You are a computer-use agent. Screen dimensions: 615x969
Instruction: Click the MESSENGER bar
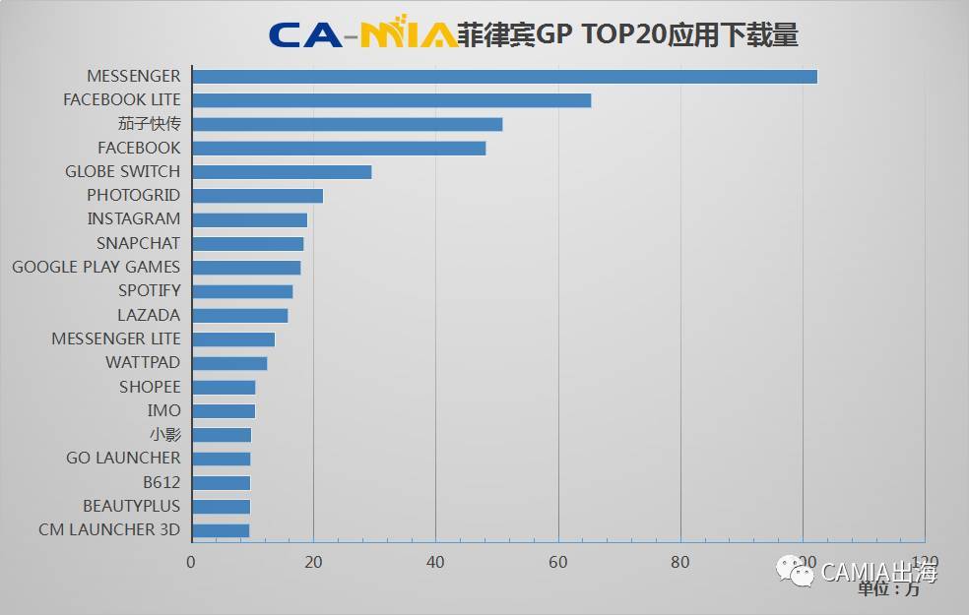[504, 77]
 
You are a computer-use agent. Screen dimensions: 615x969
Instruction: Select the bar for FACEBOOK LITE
[391, 100]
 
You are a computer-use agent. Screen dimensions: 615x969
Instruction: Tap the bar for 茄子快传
[347, 124]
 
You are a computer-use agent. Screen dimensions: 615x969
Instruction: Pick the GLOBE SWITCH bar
[282, 172]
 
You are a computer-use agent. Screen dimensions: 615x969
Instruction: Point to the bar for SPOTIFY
[242, 291]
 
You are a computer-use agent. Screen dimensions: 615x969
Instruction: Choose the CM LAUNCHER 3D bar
[221, 530]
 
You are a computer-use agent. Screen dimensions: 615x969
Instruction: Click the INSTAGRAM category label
[134, 219]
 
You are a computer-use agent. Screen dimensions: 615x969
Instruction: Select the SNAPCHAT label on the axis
[139, 243]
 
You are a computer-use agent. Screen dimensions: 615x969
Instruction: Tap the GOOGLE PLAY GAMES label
[97, 267]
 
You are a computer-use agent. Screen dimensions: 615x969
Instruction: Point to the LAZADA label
[149, 315]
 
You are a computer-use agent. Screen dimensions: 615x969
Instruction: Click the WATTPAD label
[143, 363]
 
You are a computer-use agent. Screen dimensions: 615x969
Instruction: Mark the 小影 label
[165, 435]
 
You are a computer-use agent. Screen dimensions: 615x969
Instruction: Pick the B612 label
[161, 482]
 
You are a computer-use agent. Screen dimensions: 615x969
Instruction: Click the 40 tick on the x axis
[435, 563]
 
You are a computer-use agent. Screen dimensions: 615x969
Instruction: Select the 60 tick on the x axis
[558, 563]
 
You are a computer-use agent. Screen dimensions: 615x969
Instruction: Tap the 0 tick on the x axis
[191, 563]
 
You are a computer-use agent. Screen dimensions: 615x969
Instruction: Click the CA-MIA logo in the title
[362, 34]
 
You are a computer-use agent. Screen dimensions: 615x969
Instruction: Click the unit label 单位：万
[888, 589]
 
